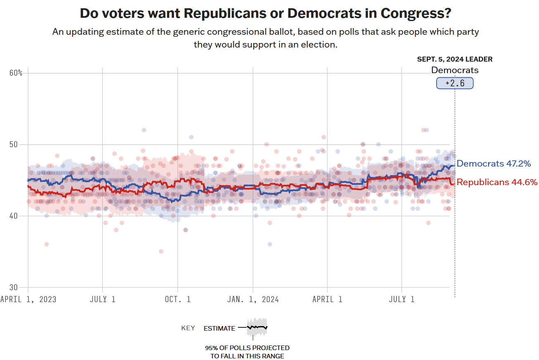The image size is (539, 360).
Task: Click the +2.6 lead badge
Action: pos(455,83)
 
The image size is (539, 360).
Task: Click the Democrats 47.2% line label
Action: pos(494,164)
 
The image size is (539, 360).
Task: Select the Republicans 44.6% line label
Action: pos(497,182)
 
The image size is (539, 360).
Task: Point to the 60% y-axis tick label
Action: pos(16,73)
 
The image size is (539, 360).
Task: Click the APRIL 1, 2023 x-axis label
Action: pos(28,299)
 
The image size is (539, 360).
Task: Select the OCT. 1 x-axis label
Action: pos(178,299)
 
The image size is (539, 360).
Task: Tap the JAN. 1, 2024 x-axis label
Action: pos(253,299)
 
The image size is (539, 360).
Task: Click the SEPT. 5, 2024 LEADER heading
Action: pos(455,60)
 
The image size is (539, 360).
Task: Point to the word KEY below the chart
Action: pos(188,329)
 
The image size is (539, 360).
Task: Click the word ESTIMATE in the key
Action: pos(219,329)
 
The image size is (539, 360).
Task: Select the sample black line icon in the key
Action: pos(257,327)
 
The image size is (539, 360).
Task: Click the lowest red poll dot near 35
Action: pos(161,251)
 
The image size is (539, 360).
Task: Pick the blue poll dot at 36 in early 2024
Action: pos(270,244)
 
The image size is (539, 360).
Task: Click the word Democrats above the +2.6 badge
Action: pos(455,70)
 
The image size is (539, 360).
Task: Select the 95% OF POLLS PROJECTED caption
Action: pos(247,348)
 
